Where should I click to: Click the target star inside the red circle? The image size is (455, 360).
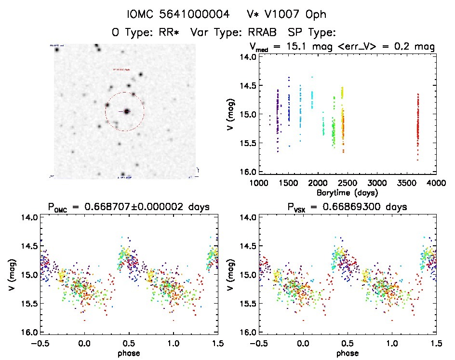127,111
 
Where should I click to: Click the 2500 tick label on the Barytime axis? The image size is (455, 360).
348,183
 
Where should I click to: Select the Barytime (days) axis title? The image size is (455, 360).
347,192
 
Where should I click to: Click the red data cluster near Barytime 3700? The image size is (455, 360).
418,125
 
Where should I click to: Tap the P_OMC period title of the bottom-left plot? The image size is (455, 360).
129,207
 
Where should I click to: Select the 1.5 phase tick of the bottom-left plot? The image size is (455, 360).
217,343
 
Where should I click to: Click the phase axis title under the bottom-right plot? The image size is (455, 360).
347,352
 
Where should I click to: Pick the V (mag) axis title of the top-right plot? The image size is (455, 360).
231,114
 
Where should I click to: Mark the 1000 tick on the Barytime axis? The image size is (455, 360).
259,183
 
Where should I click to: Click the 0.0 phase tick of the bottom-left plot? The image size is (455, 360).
85,343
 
